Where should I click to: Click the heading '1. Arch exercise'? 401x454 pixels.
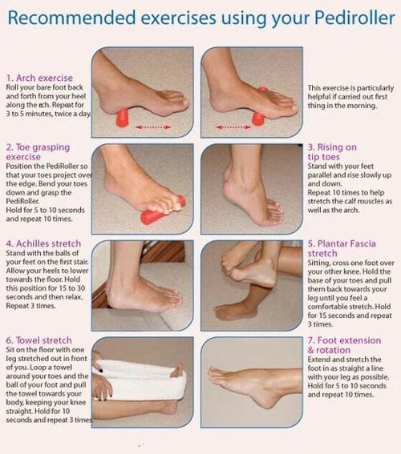42,77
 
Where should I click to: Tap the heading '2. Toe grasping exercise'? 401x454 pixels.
38,153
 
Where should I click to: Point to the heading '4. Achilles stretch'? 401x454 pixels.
45,243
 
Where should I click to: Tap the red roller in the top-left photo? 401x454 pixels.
122,118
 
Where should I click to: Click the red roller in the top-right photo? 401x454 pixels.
259,117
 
